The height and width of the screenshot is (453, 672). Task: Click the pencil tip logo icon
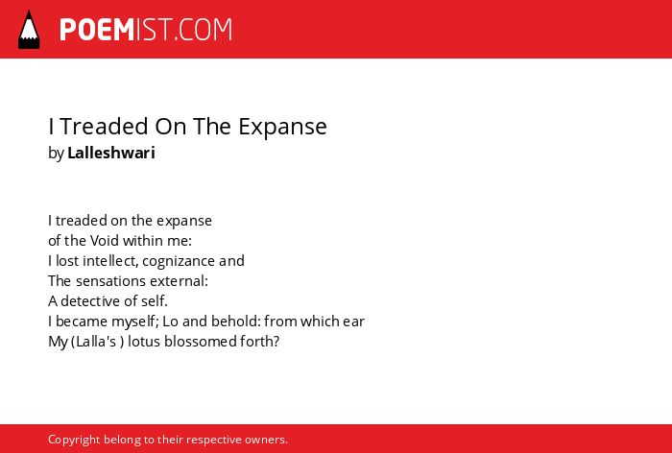[x=29, y=30]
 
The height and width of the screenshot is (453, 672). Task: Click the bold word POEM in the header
[x=97, y=30]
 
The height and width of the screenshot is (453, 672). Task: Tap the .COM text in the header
[x=203, y=30]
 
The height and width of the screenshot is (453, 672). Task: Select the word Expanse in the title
[x=282, y=127]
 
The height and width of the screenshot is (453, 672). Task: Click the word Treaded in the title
[x=104, y=126]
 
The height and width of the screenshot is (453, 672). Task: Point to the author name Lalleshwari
[x=111, y=153]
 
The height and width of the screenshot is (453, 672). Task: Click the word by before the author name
[x=56, y=154]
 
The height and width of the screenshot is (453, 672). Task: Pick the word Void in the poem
[x=102, y=241]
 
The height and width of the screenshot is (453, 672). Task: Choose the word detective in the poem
[x=90, y=300]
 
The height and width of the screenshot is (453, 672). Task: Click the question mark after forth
[x=276, y=342]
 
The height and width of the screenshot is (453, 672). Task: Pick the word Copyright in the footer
[x=74, y=440]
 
